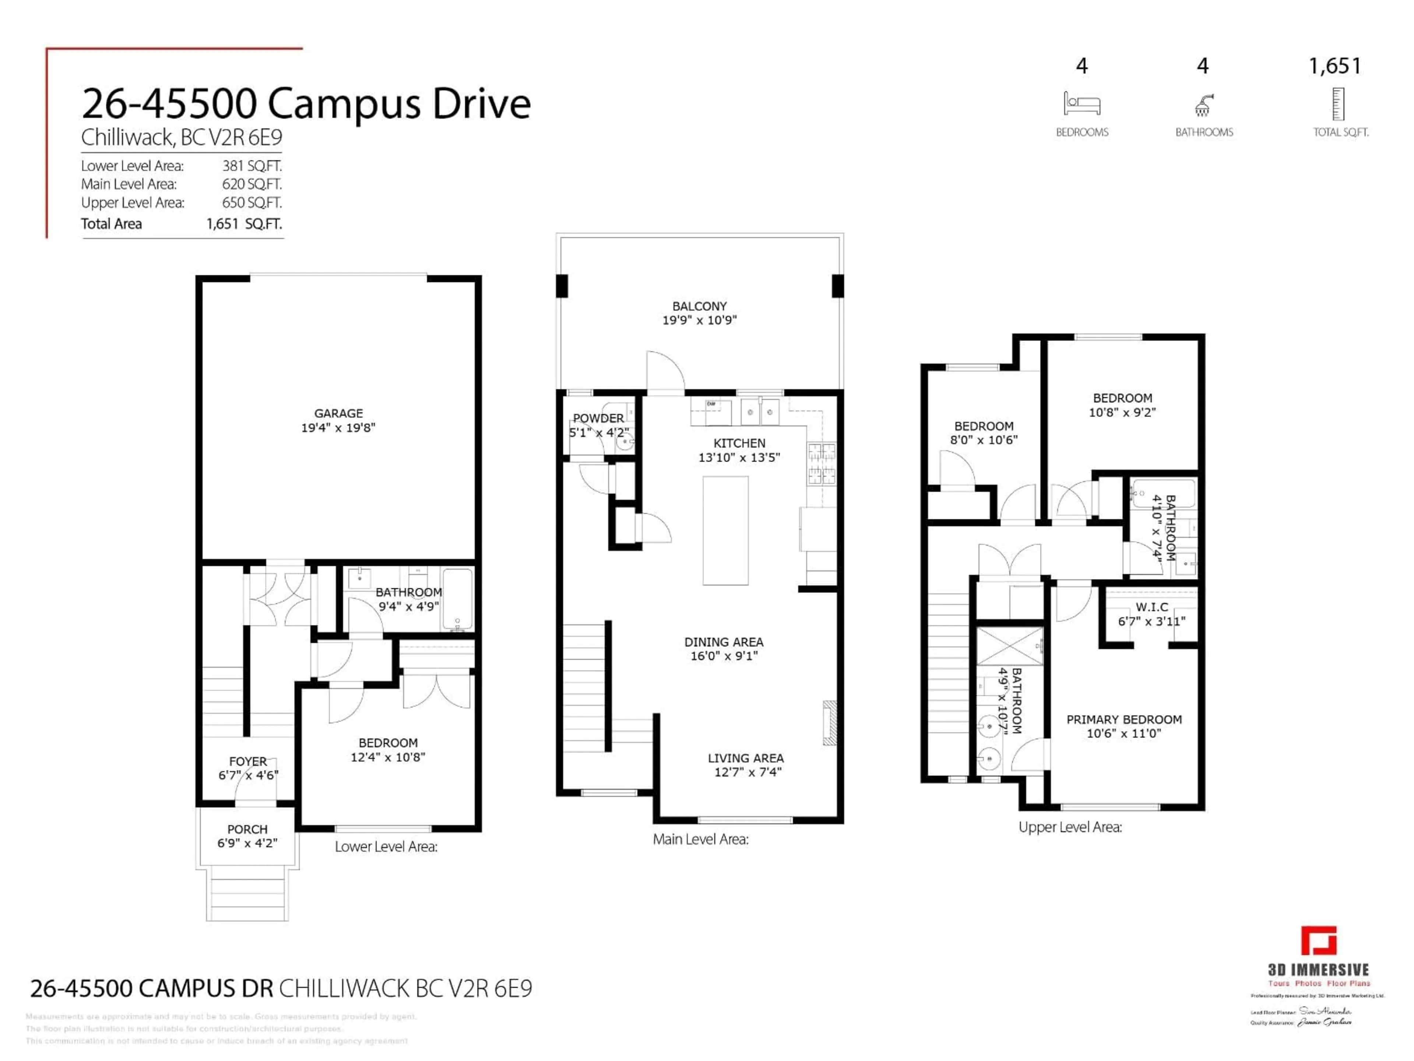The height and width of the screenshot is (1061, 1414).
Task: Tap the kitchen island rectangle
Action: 725,530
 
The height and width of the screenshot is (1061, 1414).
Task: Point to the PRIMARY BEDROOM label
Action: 1124,719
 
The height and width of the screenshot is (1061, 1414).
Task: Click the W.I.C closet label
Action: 1151,607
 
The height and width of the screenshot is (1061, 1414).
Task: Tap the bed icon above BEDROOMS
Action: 1081,104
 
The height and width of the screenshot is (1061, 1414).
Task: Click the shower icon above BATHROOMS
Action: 1203,105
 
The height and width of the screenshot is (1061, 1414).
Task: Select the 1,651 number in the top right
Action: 1335,66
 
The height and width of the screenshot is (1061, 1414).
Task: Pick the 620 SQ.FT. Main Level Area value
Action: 252,184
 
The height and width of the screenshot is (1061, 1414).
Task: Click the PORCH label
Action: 247,829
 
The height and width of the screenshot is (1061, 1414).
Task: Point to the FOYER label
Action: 248,761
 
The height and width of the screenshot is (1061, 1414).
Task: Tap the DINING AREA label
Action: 724,641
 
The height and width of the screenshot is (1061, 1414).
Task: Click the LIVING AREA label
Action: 745,758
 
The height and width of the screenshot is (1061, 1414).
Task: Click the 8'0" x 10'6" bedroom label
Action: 984,440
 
